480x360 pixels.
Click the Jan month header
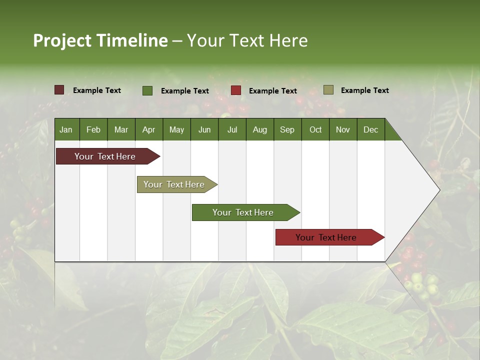click(x=66, y=129)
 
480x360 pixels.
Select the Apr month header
click(x=148, y=129)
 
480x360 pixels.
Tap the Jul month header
click(x=232, y=129)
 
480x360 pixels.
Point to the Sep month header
click(x=287, y=129)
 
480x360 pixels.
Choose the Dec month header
click(x=370, y=129)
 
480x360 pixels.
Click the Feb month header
click(x=93, y=129)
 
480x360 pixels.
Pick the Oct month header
click(x=315, y=129)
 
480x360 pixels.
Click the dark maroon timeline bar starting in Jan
click(x=105, y=156)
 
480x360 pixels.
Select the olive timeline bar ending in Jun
click(x=174, y=184)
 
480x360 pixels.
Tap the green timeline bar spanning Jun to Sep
click(x=243, y=212)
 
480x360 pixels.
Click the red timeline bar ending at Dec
click(x=326, y=237)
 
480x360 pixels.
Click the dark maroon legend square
click(x=59, y=90)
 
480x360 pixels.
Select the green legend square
click(x=147, y=90)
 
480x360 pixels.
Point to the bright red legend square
click(x=236, y=90)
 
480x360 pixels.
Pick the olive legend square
click(x=328, y=90)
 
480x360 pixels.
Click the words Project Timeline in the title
click(x=100, y=40)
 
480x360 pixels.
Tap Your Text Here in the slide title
click(x=247, y=40)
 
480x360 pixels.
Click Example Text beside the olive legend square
click(x=364, y=90)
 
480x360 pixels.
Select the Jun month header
click(x=204, y=129)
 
